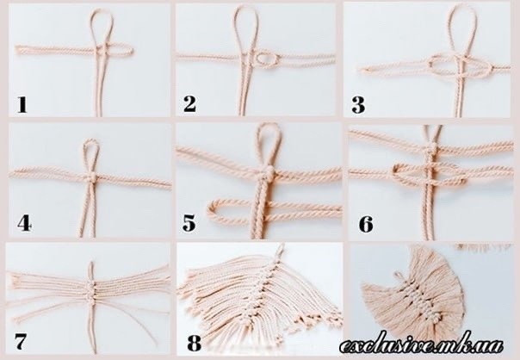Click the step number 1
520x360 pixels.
point(22,104)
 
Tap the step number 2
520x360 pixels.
point(189,103)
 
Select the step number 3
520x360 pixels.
point(358,104)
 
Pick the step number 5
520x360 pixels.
point(189,223)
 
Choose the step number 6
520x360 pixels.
point(366,224)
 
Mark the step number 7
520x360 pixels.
point(20,341)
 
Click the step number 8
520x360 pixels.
point(194,343)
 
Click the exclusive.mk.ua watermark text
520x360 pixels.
point(422,345)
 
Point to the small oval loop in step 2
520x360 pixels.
point(266,59)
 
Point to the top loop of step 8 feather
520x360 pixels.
point(281,248)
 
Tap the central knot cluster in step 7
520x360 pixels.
point(91,289)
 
